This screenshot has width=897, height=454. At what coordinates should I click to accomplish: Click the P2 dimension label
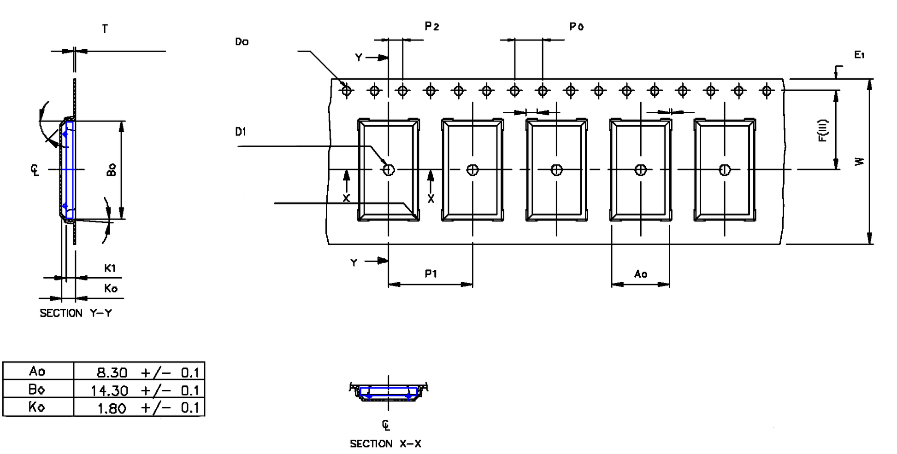tap(431, 27)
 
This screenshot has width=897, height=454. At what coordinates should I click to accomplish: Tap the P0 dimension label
tap(576, 27)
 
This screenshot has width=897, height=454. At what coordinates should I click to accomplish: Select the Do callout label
tap(242, 42)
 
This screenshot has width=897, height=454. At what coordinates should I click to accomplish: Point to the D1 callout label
tap(241, 132)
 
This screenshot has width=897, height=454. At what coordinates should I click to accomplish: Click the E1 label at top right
tap(859, 55)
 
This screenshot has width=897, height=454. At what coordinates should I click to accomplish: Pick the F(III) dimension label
tap(823, 131)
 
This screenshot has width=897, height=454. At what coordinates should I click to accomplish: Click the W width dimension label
tap(859, 161)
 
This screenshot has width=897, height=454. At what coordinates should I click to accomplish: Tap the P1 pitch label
tap(431, 274)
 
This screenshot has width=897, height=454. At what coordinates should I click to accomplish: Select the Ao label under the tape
tap(640, 274)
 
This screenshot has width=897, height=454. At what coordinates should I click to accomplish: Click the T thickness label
tap(105, 29)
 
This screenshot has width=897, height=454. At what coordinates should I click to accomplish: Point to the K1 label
tap(110, 268)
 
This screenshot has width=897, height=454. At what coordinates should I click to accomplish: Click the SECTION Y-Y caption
tap(76, 313)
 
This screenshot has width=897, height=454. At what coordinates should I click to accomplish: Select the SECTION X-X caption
tap(385, 444)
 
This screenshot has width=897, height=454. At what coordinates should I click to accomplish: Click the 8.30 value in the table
tap(112, 372)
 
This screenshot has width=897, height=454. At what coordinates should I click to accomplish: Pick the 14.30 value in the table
tap(109, 391)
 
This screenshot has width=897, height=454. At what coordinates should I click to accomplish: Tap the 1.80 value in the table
tap(112, 408)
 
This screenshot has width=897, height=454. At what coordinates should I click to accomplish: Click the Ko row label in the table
tap(37, 407)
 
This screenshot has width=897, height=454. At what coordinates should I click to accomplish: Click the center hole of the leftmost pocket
tap(389, 170)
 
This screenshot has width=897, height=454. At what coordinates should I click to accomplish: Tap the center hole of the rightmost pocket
tap(725, 170)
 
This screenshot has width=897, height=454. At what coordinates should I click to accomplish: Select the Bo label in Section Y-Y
tap(112, 169)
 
